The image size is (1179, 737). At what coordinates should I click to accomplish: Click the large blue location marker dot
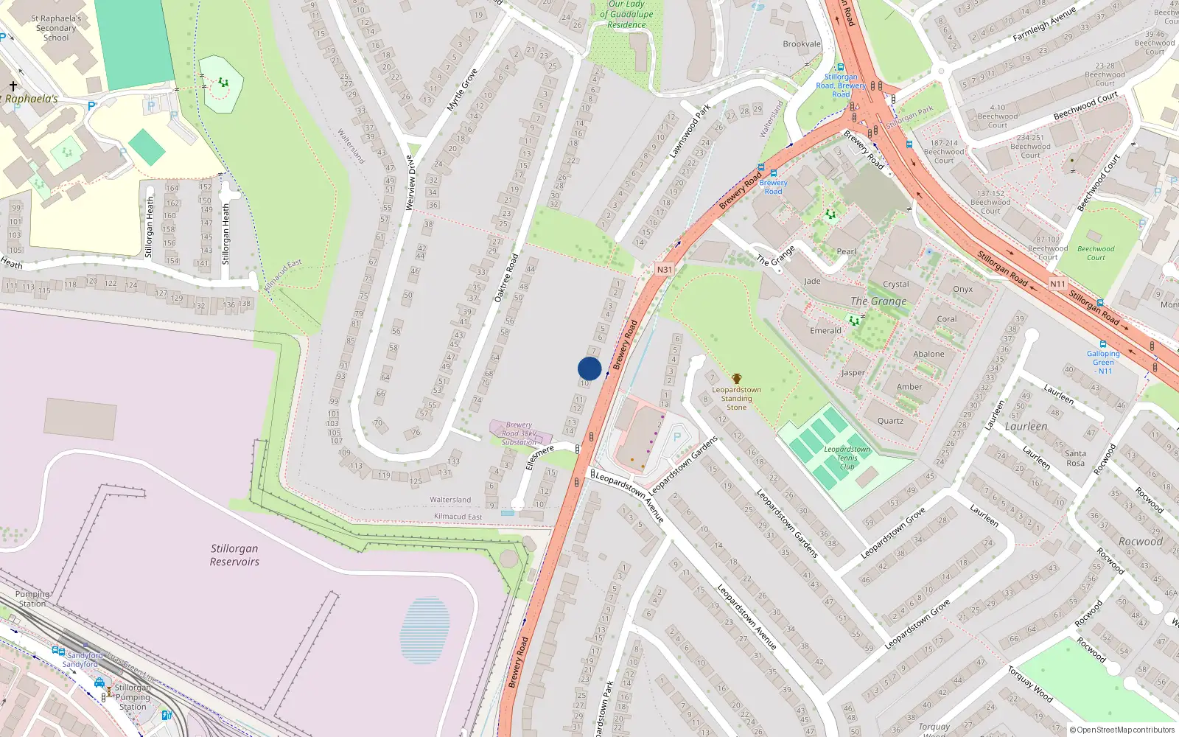pos(589,368)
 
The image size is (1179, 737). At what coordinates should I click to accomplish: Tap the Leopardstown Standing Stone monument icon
pos(736,379)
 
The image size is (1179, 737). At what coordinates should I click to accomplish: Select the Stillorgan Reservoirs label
pos(234,555)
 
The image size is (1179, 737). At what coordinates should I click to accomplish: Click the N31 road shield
pos(665,270)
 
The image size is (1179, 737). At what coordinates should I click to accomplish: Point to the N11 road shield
pos(1057,284)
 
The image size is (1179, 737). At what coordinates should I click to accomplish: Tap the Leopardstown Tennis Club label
pos(847,458)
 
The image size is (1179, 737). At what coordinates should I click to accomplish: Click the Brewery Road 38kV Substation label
pos(519,433)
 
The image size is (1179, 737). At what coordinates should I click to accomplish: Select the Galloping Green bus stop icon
pos(1103,344)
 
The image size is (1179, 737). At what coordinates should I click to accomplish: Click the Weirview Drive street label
pos(411,183)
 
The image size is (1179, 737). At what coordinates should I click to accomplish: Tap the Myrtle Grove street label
pos(462,90)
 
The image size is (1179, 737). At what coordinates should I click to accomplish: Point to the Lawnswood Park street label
pos(690,131)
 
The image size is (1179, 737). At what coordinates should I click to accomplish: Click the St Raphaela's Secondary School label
pos(56,28)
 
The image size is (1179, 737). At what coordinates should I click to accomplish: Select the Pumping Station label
pos(32,598)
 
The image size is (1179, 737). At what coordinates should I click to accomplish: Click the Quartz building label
pos(890,421)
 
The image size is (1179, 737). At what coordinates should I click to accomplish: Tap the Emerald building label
pos(825,330)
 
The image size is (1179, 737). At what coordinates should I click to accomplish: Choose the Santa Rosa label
pos(1075,458)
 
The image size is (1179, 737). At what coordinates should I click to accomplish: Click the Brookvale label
pos(802,44)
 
